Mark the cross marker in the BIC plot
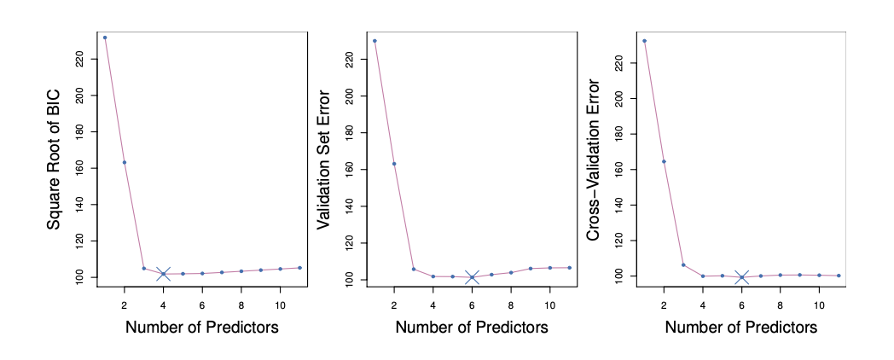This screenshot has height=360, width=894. tap(164, 274)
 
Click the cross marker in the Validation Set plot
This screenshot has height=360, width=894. tap(472, 277)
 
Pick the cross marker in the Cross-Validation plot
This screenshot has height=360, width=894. tap(741, 277)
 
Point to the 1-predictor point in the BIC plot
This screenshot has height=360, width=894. tap(105, 38)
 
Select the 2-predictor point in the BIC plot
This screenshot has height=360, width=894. tap(125, 162)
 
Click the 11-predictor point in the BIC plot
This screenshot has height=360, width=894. tap(299, 268)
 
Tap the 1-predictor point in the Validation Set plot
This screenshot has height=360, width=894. tap(374, 41)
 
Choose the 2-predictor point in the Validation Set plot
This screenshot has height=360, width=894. tap(394, 164)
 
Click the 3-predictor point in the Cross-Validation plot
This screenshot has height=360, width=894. tap(683, 264)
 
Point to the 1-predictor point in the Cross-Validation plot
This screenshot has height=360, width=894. tap(644, 41)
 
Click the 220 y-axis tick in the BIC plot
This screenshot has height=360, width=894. tap(80, 58)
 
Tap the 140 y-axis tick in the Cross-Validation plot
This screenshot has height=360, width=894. tap(620, 205)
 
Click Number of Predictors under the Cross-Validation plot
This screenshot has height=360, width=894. tap(741, 328)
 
